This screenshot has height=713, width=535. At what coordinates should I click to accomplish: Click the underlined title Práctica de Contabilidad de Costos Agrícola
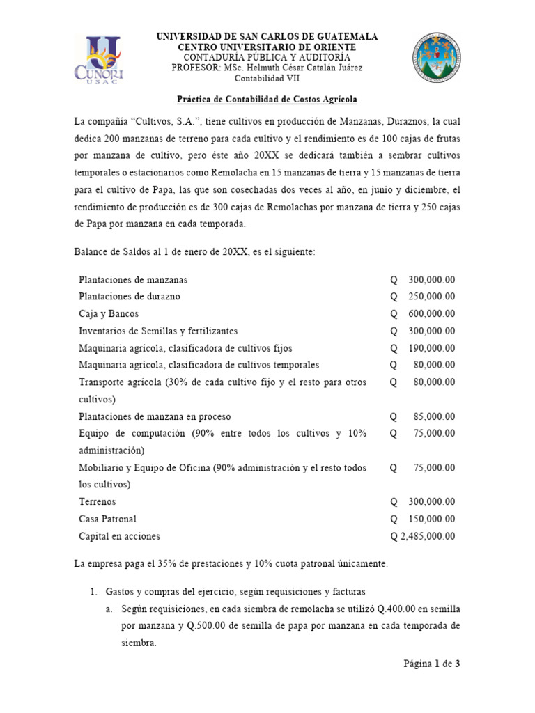click(267, 100)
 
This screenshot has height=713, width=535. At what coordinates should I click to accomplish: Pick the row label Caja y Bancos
click(109, 314)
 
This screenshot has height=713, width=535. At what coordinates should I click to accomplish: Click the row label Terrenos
click(98, 502)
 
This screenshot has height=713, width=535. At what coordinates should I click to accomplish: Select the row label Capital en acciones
click(119, 536)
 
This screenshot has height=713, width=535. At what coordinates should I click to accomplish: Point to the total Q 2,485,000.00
click(423, 536)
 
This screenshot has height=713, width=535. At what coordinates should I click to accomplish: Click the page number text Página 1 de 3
click(432, 664)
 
